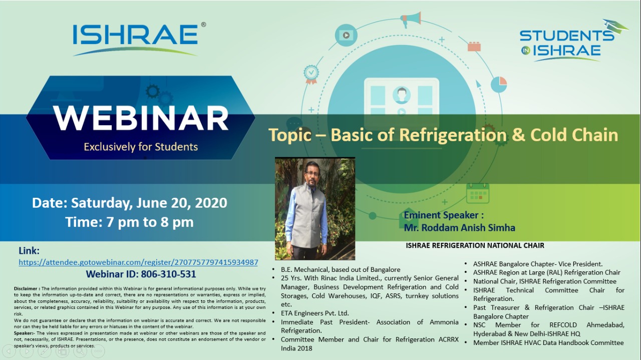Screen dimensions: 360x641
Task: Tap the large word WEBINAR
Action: click(141, 118)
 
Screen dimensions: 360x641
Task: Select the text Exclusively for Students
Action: click(141, 147)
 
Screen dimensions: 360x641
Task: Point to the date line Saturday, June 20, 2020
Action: click(129, 203)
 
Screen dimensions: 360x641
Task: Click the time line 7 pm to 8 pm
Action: click(129, 222)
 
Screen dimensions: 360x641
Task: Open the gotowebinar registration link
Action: click(138, 262)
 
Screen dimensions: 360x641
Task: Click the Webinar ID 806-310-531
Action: click(141, 274)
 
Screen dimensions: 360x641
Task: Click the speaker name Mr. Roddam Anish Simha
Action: click(459, 227)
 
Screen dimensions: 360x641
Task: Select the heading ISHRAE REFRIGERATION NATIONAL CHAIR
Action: click(475, 245)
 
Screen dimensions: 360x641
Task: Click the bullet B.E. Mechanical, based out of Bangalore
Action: click(340, 269)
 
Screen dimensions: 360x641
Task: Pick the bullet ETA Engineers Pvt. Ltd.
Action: click(314, 313)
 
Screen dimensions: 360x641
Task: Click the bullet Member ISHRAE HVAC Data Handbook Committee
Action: click(548, 342)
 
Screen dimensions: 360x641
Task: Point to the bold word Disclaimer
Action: click(27, 289)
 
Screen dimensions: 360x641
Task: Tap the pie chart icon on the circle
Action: click(498, 84)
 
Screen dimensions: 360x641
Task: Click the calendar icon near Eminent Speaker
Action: click(477, 193)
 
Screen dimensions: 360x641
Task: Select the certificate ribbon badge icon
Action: click(311, 74)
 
